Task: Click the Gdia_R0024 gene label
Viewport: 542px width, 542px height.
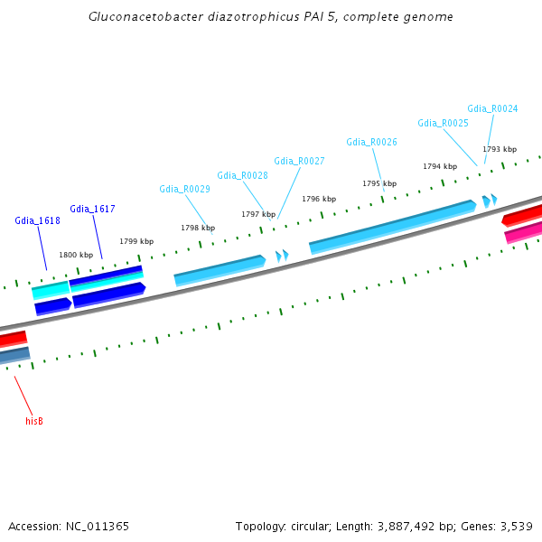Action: click(x=492, y=109)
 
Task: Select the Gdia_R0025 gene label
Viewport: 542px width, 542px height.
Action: click(x=444, y=124)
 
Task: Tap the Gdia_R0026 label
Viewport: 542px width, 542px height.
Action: click(x=371, y=142)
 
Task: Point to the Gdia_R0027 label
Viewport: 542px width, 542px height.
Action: click(x=299, y=161)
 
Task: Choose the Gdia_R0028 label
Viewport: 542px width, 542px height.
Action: click(x=242, y=175)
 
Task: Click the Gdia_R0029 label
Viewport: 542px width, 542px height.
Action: click(x=184, y=189)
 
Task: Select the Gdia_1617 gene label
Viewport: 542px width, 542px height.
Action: click(x=92, y=210)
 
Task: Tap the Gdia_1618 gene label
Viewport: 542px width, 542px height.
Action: click(x=37, y=221)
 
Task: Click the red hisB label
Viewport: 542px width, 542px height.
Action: click(x=34, y=421)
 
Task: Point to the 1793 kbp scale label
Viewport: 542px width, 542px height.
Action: click(x=500, y=149)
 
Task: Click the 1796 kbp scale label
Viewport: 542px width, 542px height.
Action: click(x=319, y=199)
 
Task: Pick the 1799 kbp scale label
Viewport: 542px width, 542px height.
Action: click(x=136, y=241)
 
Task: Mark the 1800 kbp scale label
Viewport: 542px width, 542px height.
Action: click(x=76, y=255)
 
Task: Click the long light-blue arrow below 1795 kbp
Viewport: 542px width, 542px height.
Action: click(x=393, y=227)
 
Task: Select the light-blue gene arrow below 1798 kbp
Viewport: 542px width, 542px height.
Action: click(x=220, y=271)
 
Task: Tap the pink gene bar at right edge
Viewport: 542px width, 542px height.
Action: click(x=523, y=233)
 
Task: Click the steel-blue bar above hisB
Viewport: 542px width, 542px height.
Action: click(x=14, y=356)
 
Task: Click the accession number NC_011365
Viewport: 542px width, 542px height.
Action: click(x=98, y=527)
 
